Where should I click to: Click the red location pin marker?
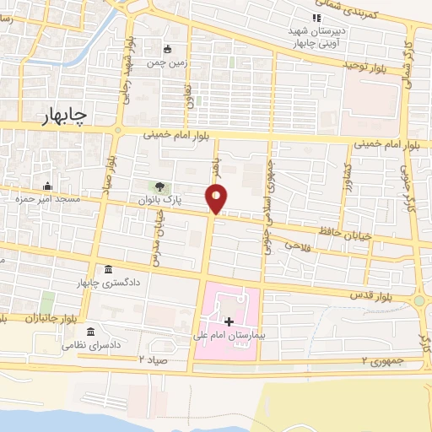point(217,198)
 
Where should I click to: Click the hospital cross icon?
point(229,321)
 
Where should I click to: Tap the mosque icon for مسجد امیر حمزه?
point(46,186)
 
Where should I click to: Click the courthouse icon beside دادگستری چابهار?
point(109,269)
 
